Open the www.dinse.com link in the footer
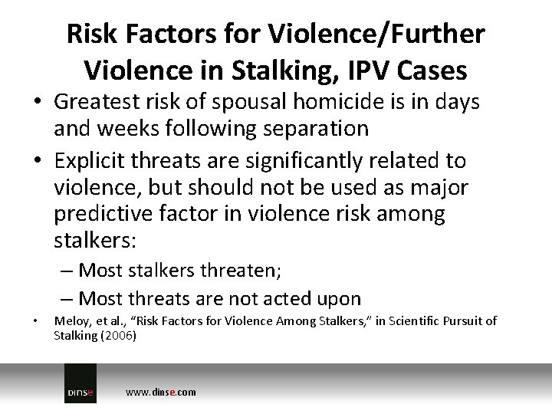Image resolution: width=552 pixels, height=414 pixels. tap(160, 392)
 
